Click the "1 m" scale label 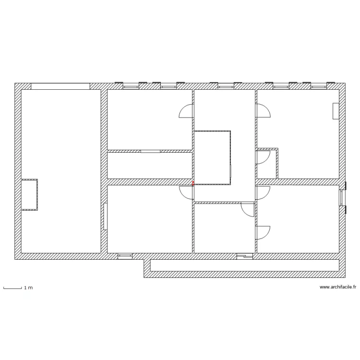28,288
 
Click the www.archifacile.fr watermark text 338,287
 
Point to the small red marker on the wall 193,183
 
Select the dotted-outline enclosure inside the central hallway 212,157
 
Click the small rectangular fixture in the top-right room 336,111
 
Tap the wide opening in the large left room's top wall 60,86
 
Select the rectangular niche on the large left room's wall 29,195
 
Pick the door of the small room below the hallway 248,210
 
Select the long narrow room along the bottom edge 244,265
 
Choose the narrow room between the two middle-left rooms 150,165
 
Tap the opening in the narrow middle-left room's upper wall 150,151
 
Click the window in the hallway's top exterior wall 226,85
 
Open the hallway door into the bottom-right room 263,193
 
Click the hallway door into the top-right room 264,111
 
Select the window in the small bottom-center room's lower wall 245,256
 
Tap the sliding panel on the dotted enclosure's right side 230,171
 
